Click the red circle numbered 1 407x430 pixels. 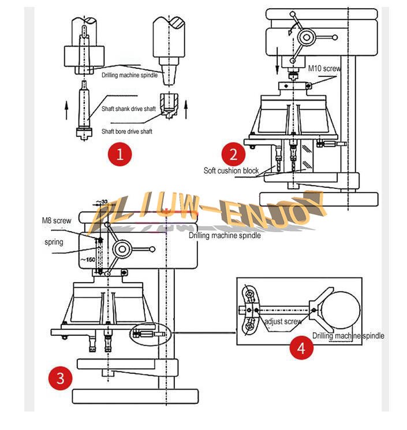tap(120, 155)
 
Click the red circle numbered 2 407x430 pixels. tap(234, 155)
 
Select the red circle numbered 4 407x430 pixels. tap(301, 347)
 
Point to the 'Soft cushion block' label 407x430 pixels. tap(231, 170)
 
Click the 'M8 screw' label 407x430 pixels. tap(57, 220)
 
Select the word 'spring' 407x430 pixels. tap(54, 242)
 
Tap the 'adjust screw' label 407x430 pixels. tap(283, 321)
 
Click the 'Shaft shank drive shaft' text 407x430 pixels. tap(129, 109)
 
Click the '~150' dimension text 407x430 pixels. tap(87, 259)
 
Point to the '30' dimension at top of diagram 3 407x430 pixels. tap(104, 202)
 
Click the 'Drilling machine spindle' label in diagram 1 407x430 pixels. tap(129, 75)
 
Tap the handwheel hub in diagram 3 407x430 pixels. tap(122, 249)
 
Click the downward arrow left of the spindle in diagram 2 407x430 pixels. tap(278, 61)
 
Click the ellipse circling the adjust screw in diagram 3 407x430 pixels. tap(148, 333)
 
